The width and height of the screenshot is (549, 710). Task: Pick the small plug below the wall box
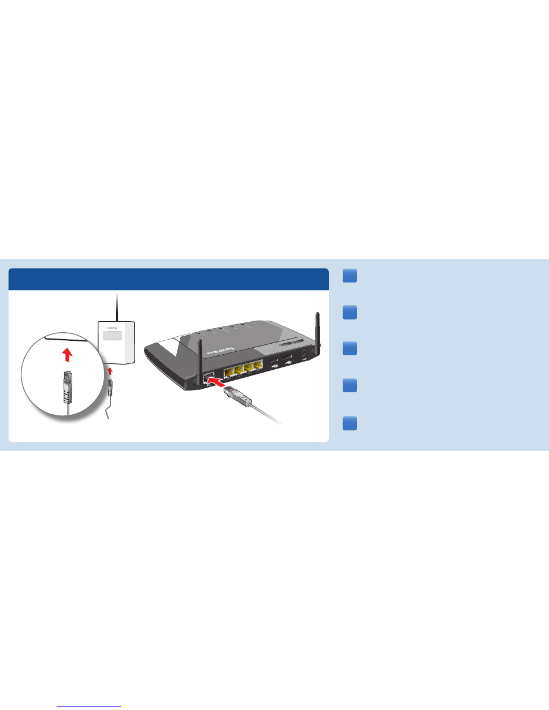(112, 388)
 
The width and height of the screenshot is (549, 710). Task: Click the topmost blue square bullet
(348, 276)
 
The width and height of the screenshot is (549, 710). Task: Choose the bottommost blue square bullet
(348, 423)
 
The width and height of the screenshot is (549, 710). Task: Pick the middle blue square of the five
(348, 350)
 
